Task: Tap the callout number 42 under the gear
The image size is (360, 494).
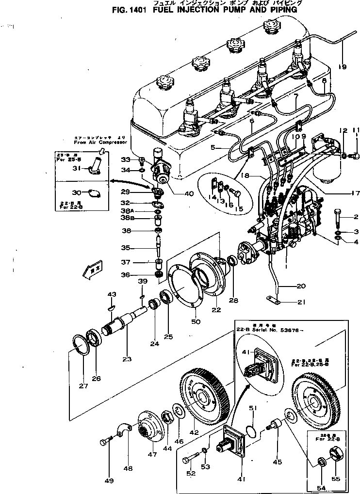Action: tap(194, 433)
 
